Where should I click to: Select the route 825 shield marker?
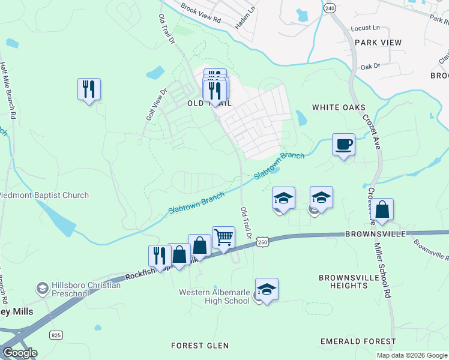56,334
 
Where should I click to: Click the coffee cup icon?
343,145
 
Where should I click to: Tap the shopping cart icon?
223,238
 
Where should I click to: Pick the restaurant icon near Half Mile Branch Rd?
89,89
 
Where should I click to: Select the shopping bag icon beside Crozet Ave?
382,210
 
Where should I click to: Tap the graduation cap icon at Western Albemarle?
267,289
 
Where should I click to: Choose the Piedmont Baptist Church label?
43,195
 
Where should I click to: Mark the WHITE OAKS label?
339,107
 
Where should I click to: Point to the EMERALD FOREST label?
358,341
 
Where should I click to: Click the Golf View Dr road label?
155,104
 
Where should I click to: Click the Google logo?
19,353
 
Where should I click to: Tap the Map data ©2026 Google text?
411,355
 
